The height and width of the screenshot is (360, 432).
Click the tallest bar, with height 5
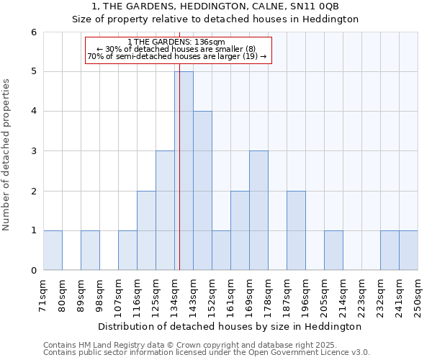184,171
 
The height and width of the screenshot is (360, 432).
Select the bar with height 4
202,191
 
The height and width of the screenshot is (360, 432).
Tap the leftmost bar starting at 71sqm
53,251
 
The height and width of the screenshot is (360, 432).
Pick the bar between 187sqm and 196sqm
296,230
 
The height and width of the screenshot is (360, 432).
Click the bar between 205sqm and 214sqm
333,251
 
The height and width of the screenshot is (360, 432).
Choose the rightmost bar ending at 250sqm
408,251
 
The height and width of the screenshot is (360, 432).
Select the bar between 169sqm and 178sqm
258,210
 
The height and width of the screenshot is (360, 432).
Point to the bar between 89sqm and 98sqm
90,251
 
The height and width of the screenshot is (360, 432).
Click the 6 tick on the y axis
33,32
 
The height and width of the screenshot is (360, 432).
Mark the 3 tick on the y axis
33,151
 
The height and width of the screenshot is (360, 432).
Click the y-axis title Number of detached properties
7,151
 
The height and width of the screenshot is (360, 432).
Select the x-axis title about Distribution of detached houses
230,326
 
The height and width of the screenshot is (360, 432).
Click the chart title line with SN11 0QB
215,6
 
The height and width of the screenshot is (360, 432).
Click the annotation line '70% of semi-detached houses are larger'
177,56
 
